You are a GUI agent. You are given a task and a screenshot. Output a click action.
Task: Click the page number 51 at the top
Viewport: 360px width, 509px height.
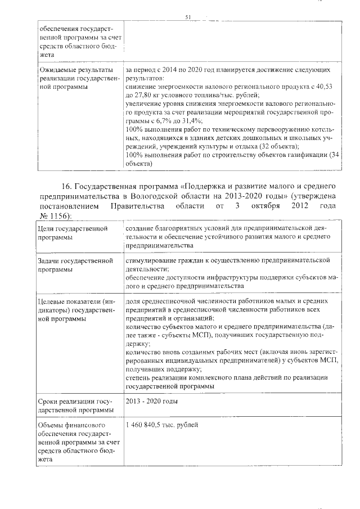click(x=187, y=17)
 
